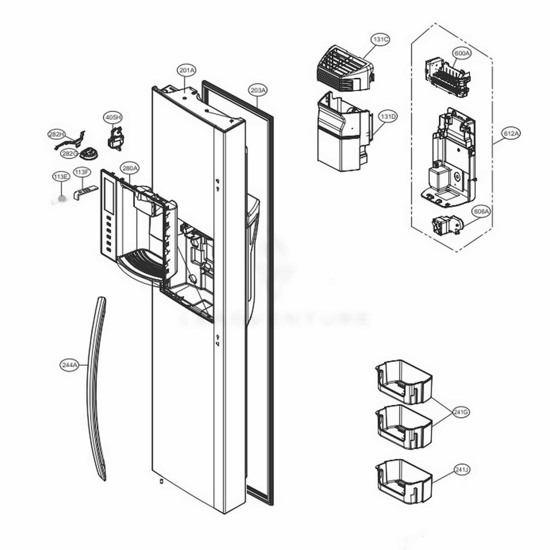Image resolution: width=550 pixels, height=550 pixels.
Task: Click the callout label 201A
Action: coord(187,70)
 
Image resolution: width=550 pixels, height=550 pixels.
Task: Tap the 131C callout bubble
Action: coord(380,39)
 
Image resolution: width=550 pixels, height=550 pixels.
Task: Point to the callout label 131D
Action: coord(387,117)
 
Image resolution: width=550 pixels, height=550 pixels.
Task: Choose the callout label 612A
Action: coord(512,133)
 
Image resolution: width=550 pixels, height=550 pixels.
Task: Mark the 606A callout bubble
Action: coord(481,210)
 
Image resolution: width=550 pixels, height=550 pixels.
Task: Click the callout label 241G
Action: coord(460,411)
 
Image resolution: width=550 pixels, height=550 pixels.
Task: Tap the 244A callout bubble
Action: coord(70,365)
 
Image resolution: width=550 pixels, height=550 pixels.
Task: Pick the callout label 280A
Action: coord(130,168)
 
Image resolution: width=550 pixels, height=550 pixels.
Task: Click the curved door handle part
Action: coord(97,385)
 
